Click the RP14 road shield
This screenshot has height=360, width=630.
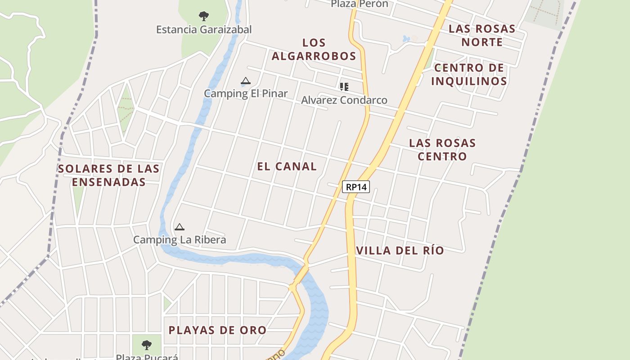pos(356,187)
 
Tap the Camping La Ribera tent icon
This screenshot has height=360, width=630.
pos(180,227)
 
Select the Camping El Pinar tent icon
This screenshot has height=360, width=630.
pos(245,81)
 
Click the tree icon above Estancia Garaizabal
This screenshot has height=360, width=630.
pos(204,17)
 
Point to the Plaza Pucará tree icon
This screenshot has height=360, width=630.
pos(146,345)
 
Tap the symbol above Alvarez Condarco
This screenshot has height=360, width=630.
pos(344,86)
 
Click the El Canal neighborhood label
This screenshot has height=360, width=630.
pos(287,166)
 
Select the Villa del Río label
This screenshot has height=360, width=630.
pos(400,251)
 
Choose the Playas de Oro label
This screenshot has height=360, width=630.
pos(217,330)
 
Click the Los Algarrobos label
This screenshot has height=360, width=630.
pos(314,49)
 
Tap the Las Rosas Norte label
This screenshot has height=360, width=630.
pos(482,36)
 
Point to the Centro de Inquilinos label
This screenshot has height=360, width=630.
pos(469,75)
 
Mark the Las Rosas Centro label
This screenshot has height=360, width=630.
pos(442,150)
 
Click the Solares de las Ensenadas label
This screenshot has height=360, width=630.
pos(109,175)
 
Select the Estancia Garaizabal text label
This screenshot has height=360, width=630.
pos(204,30)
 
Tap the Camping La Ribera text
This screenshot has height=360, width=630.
pos(180,240)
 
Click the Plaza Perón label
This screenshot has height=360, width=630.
pos(360,4)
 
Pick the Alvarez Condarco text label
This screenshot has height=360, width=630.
pos(344,100)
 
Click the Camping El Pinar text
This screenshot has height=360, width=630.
pos(246,94)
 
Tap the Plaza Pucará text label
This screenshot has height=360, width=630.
pos(147,357)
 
